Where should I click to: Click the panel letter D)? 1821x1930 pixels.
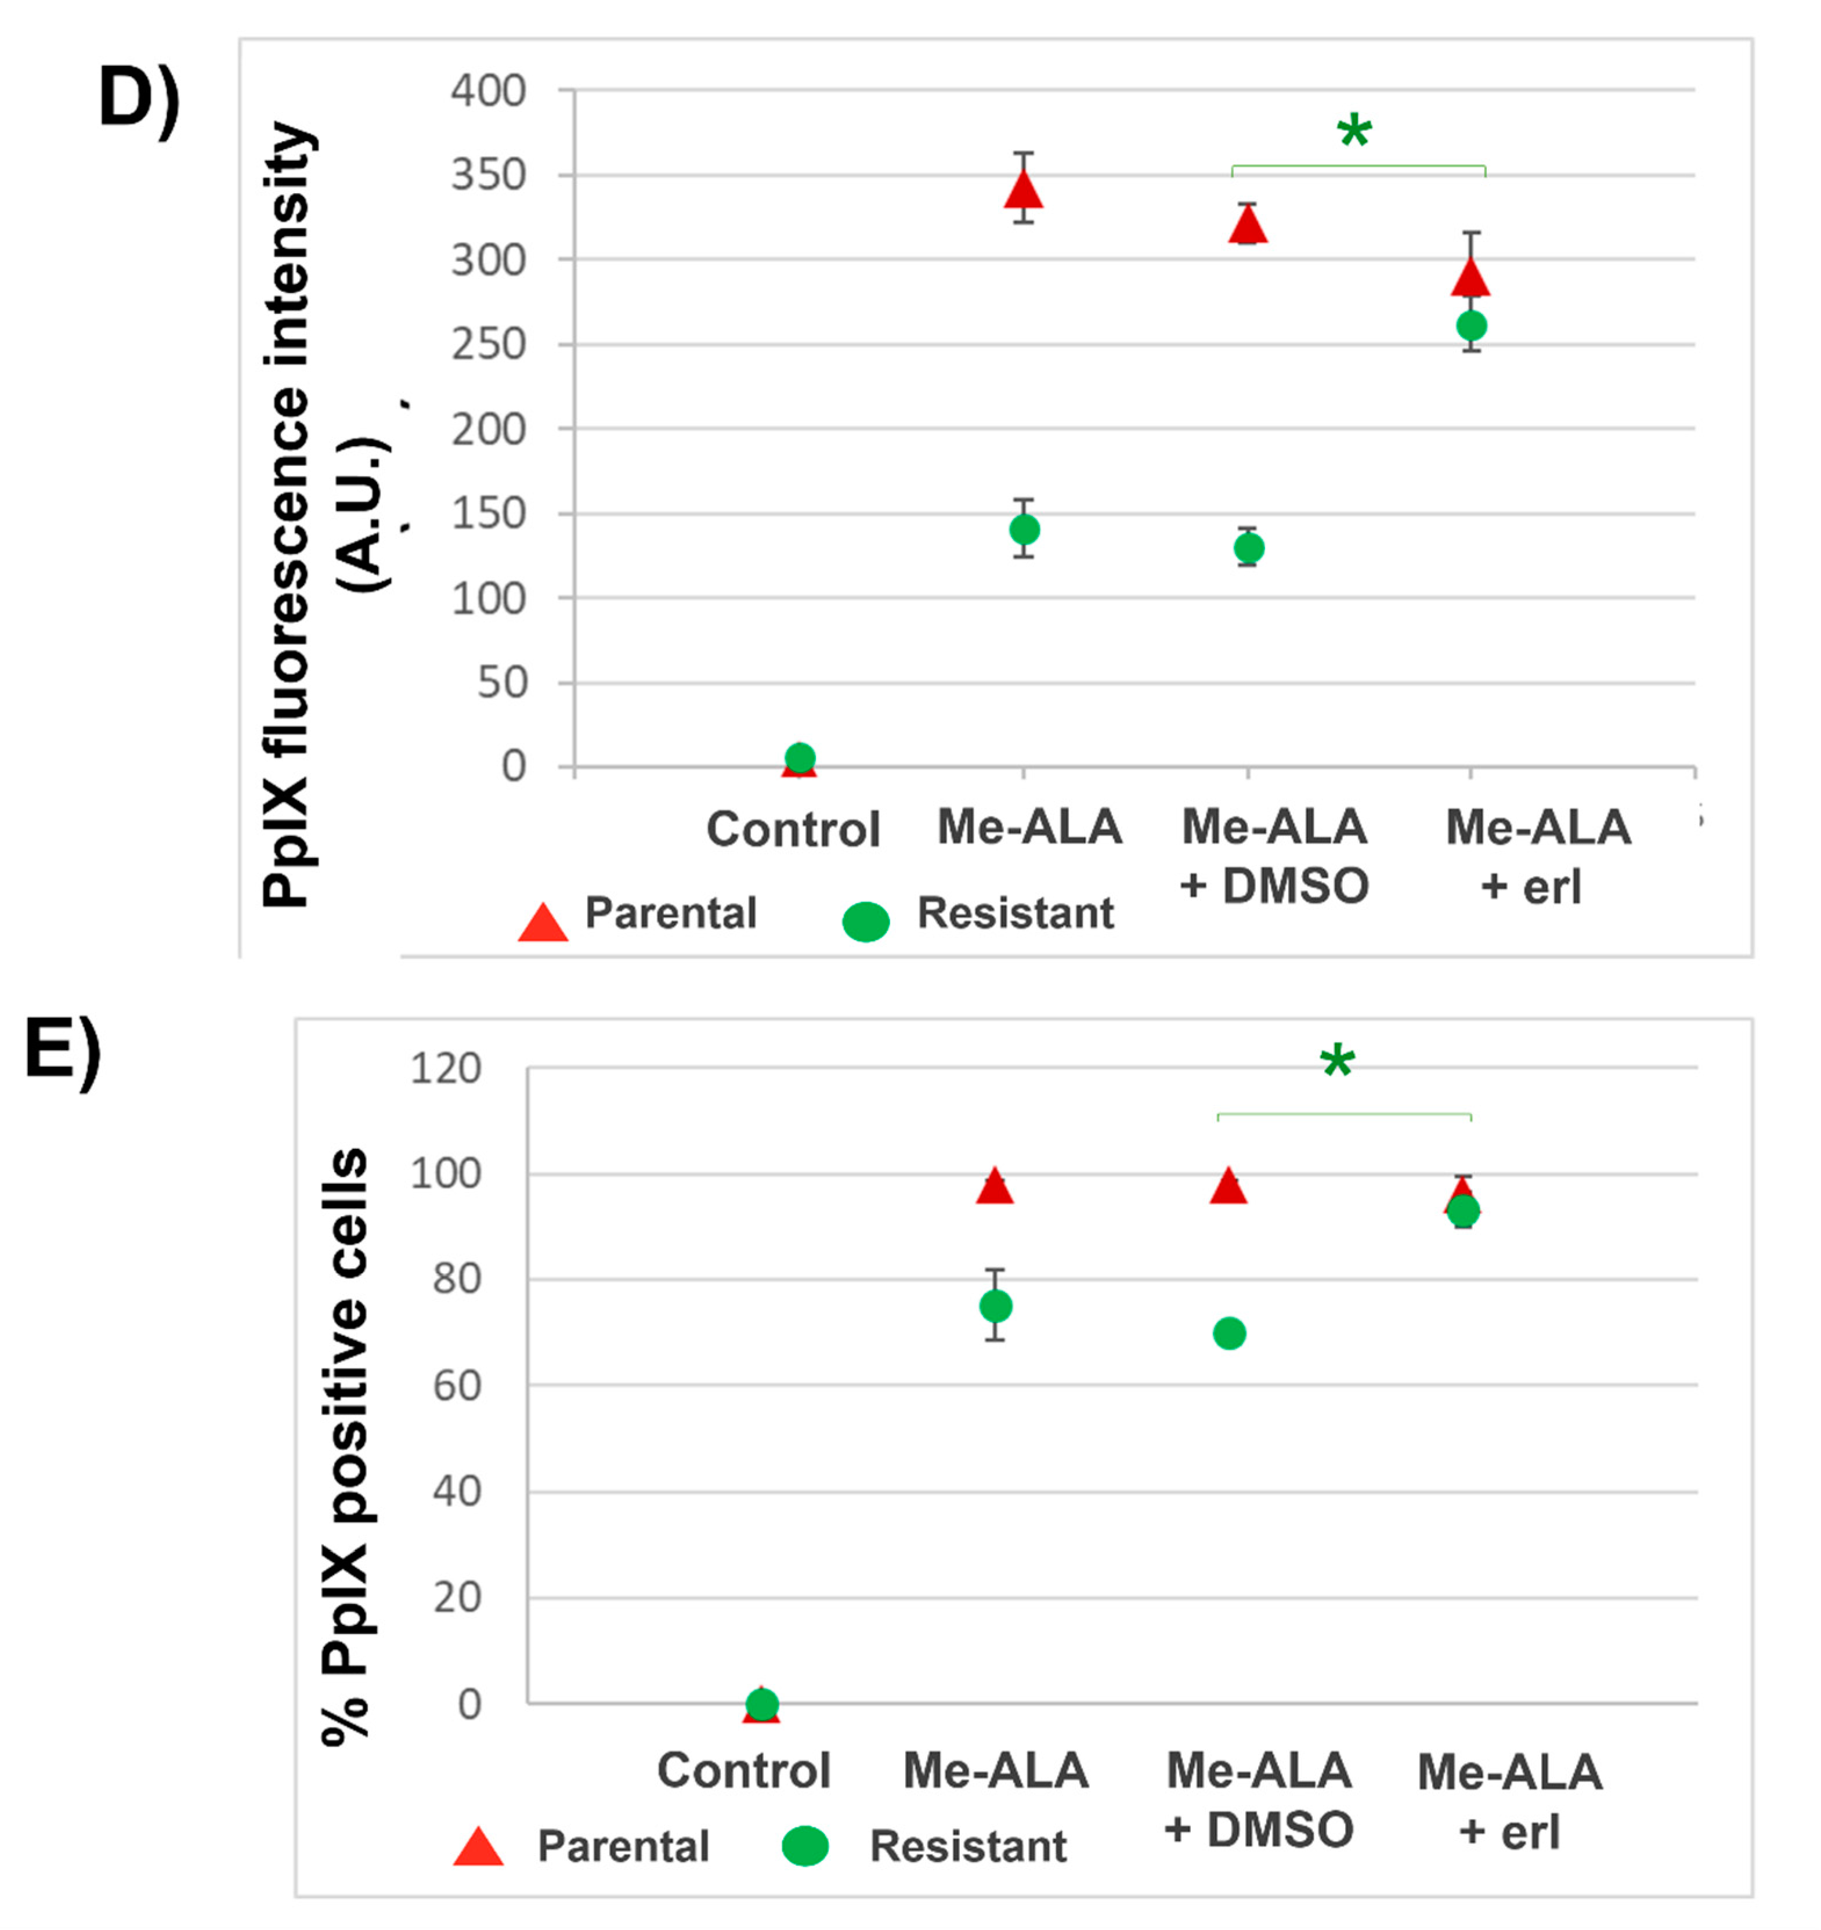(x=139, y=99)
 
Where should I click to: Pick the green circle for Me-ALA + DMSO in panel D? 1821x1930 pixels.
(x=1248, y=548)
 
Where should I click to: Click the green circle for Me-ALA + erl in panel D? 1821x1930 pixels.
(x=1472, y=325)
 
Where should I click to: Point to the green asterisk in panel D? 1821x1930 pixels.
(x=1354, y=131)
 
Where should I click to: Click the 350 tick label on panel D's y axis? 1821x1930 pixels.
(x=488, y=176)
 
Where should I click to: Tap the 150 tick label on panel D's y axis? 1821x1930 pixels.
(x=488, y=514)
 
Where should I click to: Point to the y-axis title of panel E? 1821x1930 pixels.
(x=345, y=1447)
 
